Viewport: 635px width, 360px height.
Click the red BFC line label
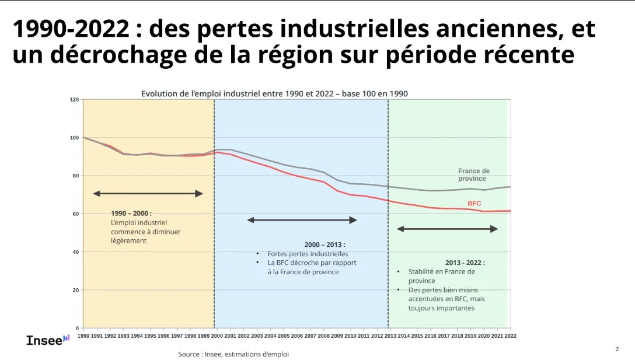click(474, 203)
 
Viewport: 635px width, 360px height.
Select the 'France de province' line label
click(473, 174)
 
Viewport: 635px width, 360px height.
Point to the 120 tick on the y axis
click(74, 100)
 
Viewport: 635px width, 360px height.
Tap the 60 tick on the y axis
click(76, 214)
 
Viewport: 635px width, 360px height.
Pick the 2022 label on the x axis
click(510, 335)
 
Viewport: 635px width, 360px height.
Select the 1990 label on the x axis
click(84, 335)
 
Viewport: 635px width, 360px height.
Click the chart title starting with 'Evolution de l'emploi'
click(274, 94)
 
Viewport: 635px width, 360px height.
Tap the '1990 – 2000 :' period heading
click(131, 214)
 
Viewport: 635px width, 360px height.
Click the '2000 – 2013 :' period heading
click(325, 244)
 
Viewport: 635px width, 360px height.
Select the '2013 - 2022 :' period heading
click(465, 263)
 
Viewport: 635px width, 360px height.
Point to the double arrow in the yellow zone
click(148, 193)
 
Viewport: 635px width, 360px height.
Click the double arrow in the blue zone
click(302, 220)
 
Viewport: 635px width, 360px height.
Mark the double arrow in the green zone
click(447, 229)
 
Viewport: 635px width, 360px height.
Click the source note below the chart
click(233, 354)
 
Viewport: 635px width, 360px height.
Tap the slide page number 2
click(617, 349)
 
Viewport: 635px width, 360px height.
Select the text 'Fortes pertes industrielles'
click(308, 254)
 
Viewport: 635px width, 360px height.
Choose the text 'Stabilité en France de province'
click(441, 276)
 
